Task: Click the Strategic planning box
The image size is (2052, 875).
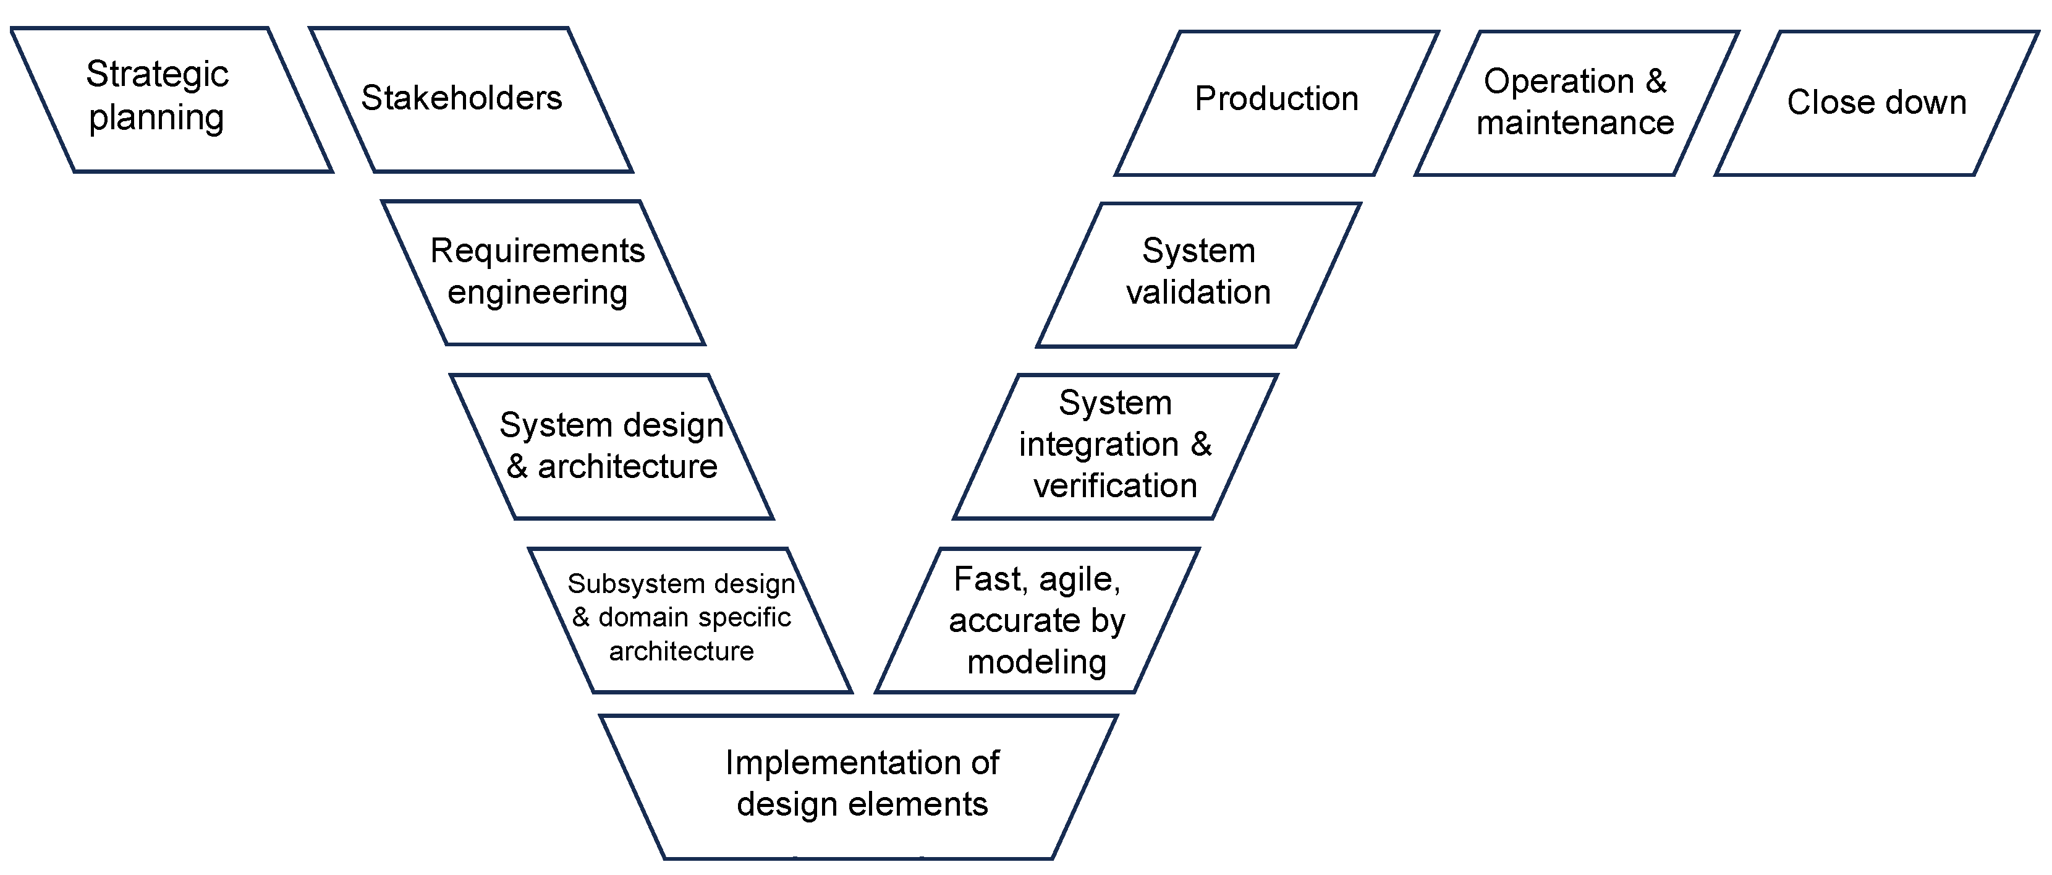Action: pos(171,100)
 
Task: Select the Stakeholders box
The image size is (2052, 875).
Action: pos(470,100)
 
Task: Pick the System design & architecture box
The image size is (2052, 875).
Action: pos(612,446)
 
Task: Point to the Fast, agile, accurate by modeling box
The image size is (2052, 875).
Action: pos(1037,620)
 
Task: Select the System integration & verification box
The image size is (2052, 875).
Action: pos(1115,446)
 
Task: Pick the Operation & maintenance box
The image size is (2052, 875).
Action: pos(1575,102)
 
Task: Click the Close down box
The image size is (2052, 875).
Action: pos(1876,102)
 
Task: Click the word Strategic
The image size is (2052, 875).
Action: pos(157,75)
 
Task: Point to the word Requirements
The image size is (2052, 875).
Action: pos(538,251)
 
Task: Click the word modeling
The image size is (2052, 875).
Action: pos(1037,662)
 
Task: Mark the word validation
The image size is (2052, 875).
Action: pos(1198,292)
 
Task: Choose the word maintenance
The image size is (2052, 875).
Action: pos(1575,122)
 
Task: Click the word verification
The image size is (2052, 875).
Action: pos(1115,485)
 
